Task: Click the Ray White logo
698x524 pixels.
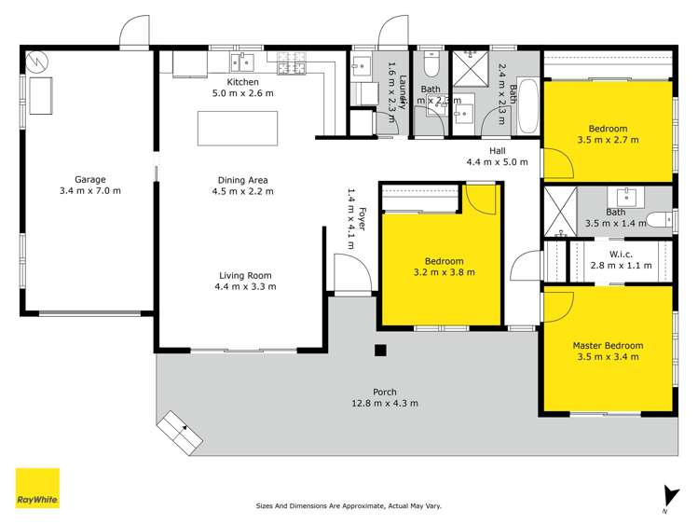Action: point(37,488)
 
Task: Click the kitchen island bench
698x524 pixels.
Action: point(237,128)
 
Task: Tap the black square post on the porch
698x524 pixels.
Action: point(379,351)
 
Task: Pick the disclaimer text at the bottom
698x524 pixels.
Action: point(349,506)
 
